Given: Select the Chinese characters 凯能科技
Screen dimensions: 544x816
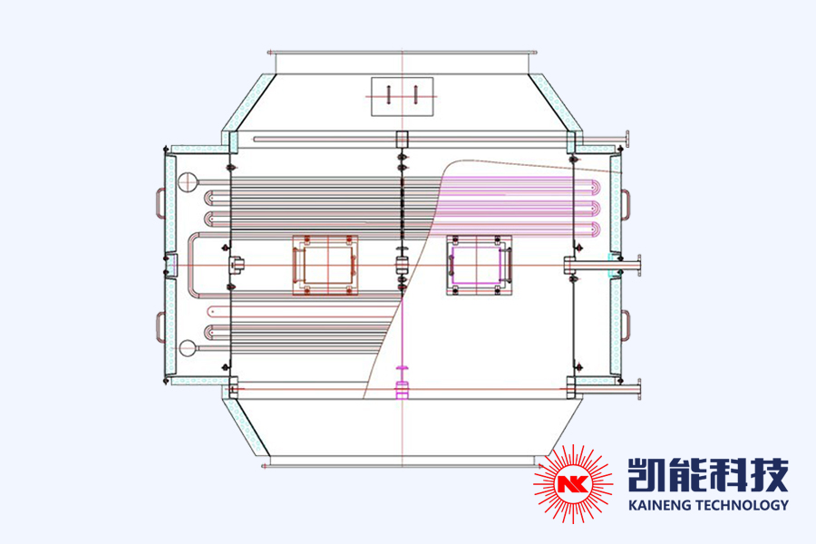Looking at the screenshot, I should (x=707, y=473).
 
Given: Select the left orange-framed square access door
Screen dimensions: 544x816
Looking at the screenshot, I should (x=324, y=264).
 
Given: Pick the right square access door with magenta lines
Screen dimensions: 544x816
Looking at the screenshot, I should (x=479, y=265).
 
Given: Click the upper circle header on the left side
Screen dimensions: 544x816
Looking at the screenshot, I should (x=187, y=182).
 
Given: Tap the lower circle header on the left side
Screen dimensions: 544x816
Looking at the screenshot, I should (x=187, y=346).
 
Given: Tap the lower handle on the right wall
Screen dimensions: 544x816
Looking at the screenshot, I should (x=627, y=325).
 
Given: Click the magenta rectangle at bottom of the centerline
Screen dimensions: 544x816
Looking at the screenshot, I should (x=402, y=391).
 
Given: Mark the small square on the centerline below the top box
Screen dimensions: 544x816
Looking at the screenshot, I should (x=402, y=140).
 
